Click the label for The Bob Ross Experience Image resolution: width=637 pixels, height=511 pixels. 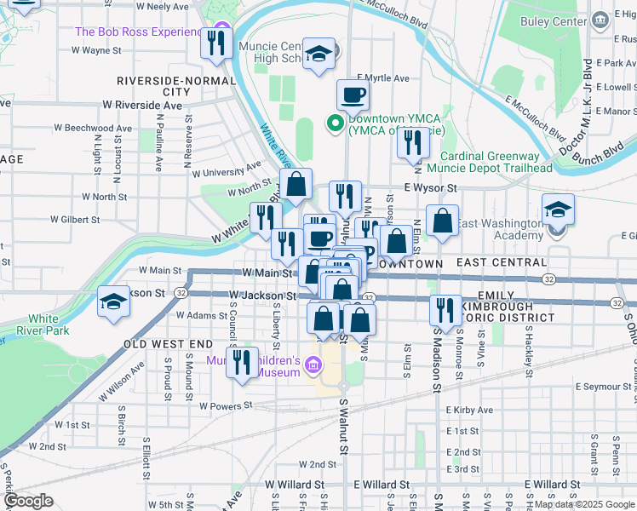[141, 32]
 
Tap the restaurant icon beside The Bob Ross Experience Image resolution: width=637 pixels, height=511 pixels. [216, 43]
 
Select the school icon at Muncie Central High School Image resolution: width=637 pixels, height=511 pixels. [318, 56]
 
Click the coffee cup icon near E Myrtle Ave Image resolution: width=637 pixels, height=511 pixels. [353, 96]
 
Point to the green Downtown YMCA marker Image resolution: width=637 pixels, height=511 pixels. [335, 124]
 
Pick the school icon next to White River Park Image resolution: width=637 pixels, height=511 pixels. [113, 303]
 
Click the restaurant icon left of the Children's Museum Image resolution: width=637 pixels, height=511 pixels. [242, 362]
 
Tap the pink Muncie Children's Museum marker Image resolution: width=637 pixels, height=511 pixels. [313, 366]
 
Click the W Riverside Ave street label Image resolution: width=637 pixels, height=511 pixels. [142, 105]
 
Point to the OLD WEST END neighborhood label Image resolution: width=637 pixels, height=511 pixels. [168, 343]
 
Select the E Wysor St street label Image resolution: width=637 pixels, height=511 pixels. [431, 187]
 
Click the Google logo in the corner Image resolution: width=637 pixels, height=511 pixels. [28, 501]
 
